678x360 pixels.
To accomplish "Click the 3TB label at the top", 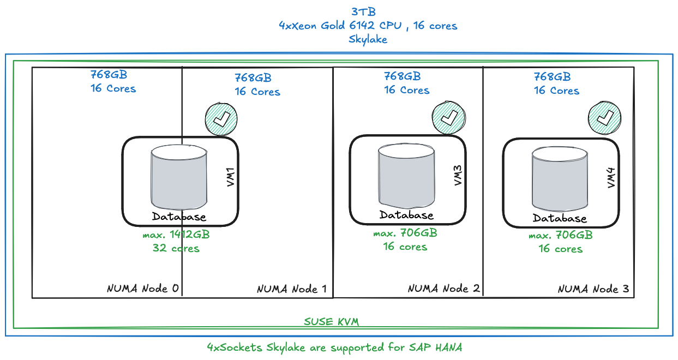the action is pos(363,12).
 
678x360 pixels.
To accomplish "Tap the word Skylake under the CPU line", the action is pos(368,39).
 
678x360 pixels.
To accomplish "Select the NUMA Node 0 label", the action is pos(143,288).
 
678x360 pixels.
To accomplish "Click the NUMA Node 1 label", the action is pos(292,289).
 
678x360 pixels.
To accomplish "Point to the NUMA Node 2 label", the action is pos(443,288).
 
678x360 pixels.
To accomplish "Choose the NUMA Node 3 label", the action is pos(593,289).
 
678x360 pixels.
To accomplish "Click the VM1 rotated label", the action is pos(231,177).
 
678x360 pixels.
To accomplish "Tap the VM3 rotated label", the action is pos(458,175).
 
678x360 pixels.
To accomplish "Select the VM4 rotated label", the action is pos(611,178).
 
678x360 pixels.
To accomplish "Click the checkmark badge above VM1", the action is pos(221,119).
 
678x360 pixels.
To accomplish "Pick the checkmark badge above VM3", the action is pos(448,117).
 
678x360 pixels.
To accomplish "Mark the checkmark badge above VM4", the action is pos(604,118).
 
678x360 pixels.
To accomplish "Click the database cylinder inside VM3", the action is pos(406,177).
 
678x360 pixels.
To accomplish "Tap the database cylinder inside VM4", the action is pos(560,179).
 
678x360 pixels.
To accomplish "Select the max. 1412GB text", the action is pos(176,235).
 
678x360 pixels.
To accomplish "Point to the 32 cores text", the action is pos(176,248).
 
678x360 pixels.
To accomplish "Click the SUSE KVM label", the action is pos(331,322).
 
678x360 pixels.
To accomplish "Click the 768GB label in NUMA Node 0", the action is pos(109,75).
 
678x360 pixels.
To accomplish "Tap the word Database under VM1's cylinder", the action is pos(179,217).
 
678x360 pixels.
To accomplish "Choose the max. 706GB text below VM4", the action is pos(561,235).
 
